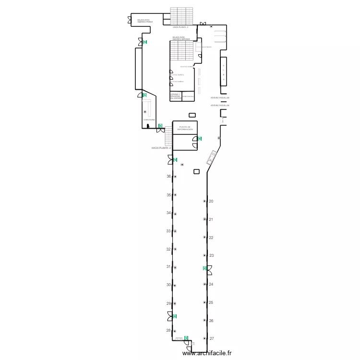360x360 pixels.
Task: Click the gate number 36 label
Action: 168,177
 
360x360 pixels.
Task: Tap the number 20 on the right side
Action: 211,201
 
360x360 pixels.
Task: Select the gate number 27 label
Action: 212,338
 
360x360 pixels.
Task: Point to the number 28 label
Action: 168,331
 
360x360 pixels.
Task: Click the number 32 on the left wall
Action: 168,249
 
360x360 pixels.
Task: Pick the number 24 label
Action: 211,284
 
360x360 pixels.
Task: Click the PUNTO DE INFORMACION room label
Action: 185,128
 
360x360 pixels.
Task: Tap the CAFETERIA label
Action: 149,120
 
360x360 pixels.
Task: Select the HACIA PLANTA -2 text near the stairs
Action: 161,148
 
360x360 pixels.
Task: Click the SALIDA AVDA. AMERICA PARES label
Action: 144,21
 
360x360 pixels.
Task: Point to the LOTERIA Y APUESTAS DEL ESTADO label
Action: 175,96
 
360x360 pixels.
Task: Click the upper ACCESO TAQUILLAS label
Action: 220,97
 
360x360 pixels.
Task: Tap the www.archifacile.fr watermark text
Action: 207,353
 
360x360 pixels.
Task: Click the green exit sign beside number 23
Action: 204,268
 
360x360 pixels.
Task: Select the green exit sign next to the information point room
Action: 199,139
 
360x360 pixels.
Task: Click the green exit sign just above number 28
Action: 175,316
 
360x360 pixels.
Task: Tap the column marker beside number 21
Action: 204,219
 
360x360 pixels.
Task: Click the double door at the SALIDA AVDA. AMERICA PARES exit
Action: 130,20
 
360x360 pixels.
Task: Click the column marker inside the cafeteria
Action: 144,112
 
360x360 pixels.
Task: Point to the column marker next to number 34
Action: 175,213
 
